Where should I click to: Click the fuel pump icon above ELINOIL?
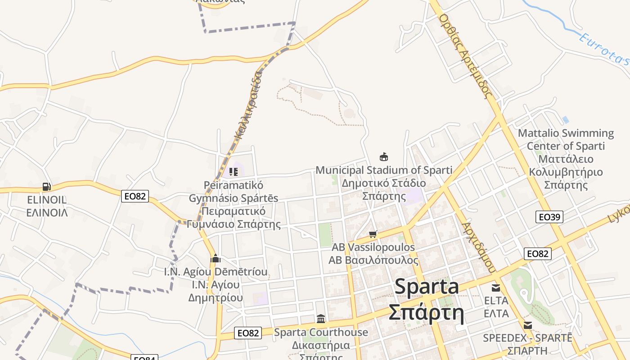[x=46, y=186]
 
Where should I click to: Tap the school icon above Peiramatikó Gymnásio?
[x=233, y=171]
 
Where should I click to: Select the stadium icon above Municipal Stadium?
[x=384, y=157]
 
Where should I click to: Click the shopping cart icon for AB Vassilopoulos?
[x=373, y=234]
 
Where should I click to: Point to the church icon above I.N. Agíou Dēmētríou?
[x=216, y=258]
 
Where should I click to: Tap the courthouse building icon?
[x=321, y=319]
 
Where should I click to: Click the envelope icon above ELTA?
[x=496, y=288]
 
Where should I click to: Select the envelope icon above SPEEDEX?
[x=527, y=325]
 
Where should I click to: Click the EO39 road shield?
[x=549, y=217]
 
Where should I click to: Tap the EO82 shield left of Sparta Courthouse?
[x=248, y=333]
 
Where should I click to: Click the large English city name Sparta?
[x=427, y=287]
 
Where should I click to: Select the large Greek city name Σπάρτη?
[x=426, y=313]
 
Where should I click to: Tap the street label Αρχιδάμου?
[x=478, y=247]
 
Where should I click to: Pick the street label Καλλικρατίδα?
[x=247, y=105]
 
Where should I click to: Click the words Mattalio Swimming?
[x=566, y=133]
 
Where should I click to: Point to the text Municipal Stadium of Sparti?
[x=384, y=170]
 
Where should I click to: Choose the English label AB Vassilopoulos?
[x=373, y=247]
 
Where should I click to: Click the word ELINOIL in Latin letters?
[x=46, y=200]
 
